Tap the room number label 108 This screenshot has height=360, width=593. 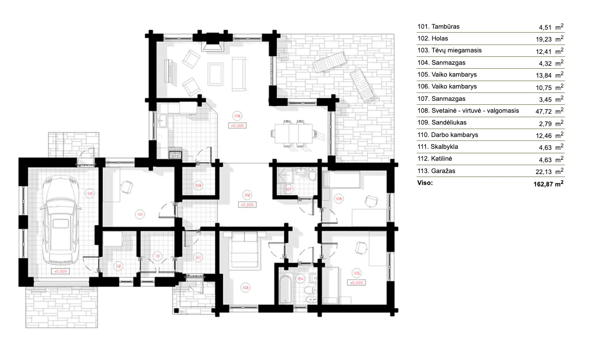237,116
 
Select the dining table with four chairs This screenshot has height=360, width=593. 292,133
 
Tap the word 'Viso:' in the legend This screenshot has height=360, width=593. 425,182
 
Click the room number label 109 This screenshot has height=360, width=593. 198,185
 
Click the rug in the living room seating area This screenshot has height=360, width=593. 215,74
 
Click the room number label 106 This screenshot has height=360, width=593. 339,199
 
